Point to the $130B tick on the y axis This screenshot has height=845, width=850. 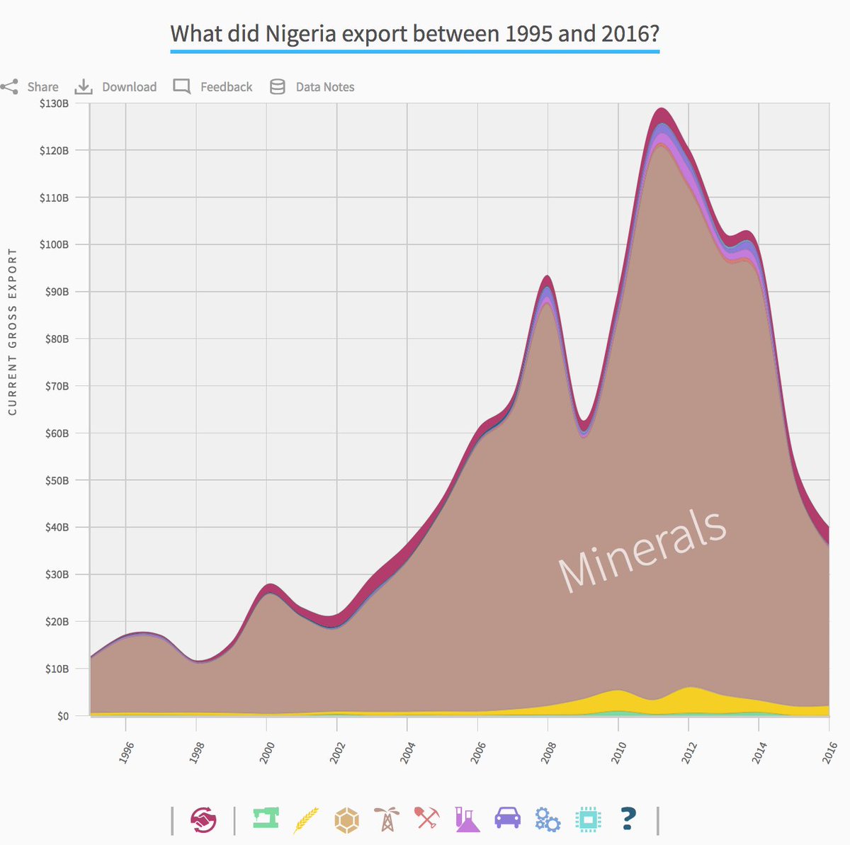[55, 103]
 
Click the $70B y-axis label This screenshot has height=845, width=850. [55, 386]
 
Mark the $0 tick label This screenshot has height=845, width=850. [62, 716]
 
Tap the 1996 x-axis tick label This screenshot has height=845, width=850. [126, 752]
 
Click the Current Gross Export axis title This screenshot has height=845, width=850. [12, 331]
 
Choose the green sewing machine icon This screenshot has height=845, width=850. [266, 819]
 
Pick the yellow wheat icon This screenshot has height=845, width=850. [306, 820]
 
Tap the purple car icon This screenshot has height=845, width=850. [507, 819]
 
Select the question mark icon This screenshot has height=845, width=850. [628, 819]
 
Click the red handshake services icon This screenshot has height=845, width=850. [203, 820]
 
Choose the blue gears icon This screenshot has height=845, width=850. [548, 820]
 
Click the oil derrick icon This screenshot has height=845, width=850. [387, 820]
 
